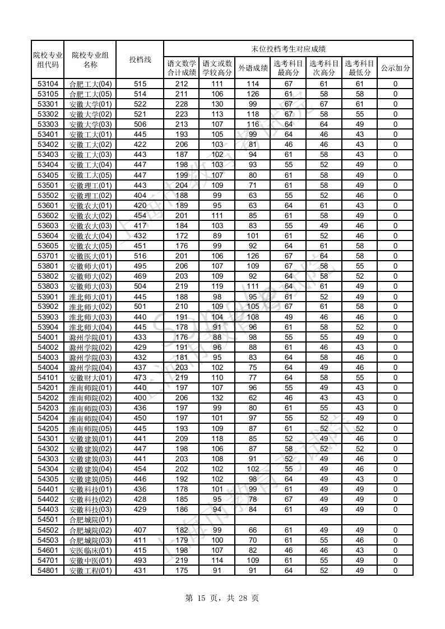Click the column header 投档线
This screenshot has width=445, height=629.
tap(140, 59)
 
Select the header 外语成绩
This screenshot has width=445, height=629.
tap(253, 68)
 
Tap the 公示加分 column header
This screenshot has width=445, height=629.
tap(395, 68)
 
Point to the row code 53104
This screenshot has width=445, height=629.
tap(48, 84)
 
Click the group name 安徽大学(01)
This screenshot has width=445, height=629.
tap(90, 104)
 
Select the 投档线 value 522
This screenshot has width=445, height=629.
tap(140, 104)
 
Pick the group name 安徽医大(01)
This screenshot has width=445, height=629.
tap(90, 256)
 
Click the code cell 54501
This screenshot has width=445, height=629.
tap(48, 520)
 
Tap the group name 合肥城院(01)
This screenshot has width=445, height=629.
tap(90, 520)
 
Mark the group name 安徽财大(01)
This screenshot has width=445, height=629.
tap(90, 378)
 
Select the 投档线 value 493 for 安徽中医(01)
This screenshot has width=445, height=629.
tap(140, 561)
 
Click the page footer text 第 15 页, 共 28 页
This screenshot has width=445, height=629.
tap(222, 598)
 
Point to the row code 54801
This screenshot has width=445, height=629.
tap(48, 571)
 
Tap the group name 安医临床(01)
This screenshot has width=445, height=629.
tap(90, 551)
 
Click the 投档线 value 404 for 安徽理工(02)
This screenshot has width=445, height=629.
tap(140, 196)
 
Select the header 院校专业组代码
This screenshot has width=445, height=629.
tap(48, 59)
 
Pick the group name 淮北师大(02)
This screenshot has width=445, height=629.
tap(90, 307)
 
